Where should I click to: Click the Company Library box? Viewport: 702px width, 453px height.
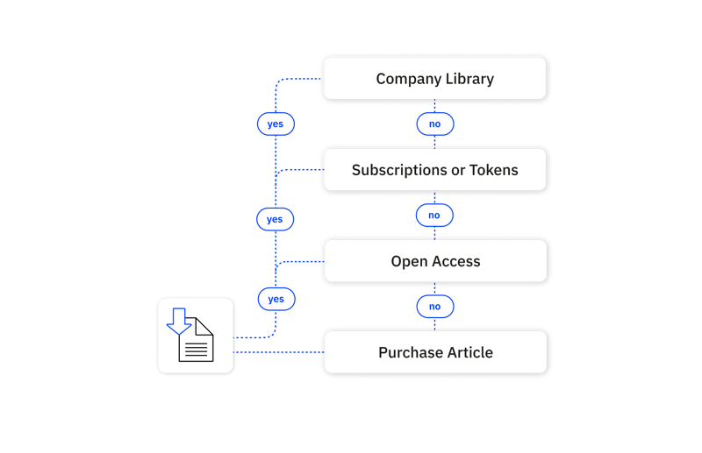435,79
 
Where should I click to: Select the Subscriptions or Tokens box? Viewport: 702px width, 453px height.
435,170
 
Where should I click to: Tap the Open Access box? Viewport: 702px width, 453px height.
435,261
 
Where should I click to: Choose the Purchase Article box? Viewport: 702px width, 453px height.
435,352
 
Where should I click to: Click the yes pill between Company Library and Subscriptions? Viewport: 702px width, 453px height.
276,124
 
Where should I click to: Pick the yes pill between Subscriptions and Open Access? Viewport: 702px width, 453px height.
275,218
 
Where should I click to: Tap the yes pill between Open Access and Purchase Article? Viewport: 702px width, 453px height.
276,299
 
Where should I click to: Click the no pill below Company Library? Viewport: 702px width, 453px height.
434,124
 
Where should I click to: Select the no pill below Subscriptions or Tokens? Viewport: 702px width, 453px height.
433,215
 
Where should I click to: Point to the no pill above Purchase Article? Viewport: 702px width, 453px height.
434,307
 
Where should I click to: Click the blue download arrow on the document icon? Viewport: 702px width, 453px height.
179,321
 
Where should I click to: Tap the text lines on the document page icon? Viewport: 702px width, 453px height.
197,349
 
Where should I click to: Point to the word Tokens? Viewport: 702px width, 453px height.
493,170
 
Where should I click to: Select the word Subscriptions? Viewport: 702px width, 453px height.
399,170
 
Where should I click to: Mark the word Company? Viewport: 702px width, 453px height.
405,79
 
